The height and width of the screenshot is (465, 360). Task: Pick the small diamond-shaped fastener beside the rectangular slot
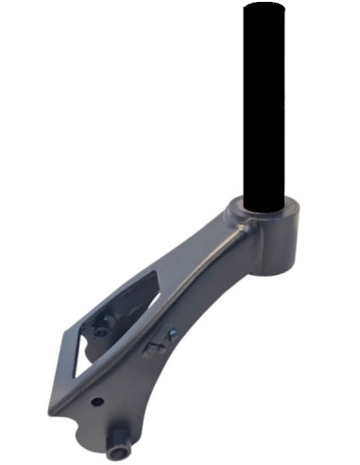tap(172, 334)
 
